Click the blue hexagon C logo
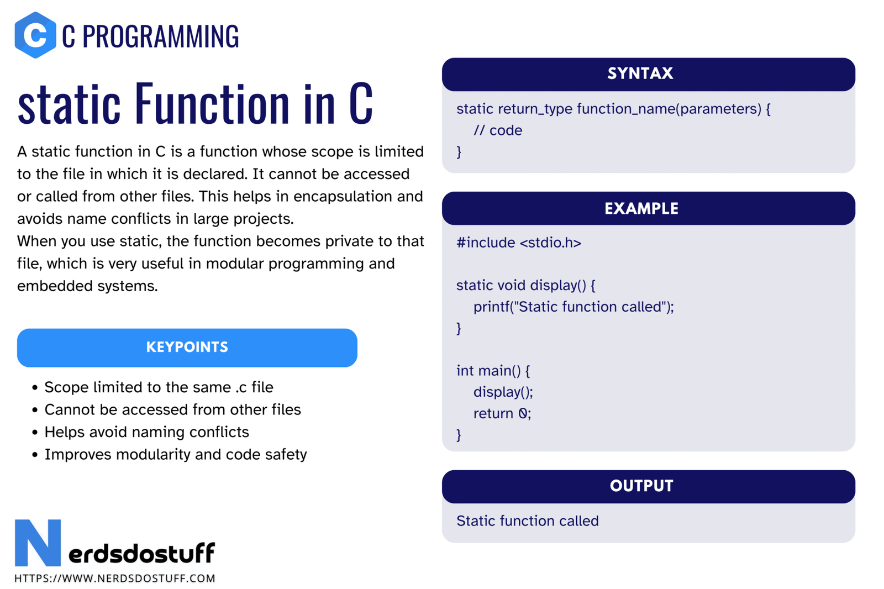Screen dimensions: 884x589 pos(35,35)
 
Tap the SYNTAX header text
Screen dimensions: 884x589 pos(640,73)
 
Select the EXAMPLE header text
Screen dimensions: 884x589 pos(641,208)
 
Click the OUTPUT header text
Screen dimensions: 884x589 pos(641,486)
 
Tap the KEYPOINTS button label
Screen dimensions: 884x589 pos(187,348)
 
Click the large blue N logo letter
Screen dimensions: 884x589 pos(38,543)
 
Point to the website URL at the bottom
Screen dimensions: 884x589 pos(115,579)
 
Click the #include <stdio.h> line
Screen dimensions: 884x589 pos(519,243)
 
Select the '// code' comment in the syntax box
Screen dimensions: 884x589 pos(498,130)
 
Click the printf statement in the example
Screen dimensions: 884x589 pos(573,307)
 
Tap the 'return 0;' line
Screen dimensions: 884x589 pos(502,413)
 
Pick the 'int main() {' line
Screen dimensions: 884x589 pos(493,371)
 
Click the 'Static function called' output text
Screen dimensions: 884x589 pos(527,521)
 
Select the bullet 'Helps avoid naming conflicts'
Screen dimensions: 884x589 pos(146,432)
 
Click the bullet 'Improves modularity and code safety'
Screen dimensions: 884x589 pos(175,455)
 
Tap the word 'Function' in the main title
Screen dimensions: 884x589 pos(213,103)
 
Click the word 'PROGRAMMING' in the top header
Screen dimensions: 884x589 pos(161,36)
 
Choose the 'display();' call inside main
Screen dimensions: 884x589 pos(503,392)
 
